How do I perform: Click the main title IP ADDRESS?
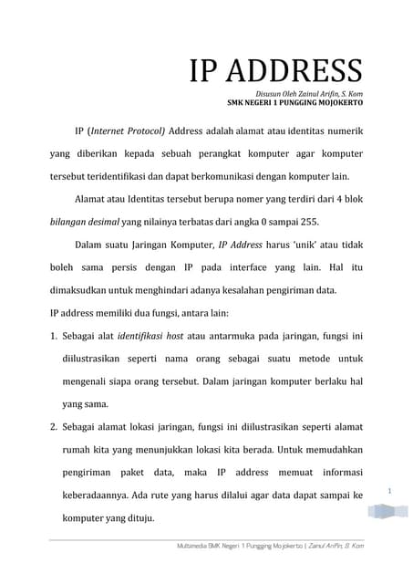point(275,70)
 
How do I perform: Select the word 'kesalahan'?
point(236,292)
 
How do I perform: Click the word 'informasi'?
point(337,473)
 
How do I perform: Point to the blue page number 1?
point(389,492)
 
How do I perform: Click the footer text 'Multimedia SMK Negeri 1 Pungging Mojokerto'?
point(237,545)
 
